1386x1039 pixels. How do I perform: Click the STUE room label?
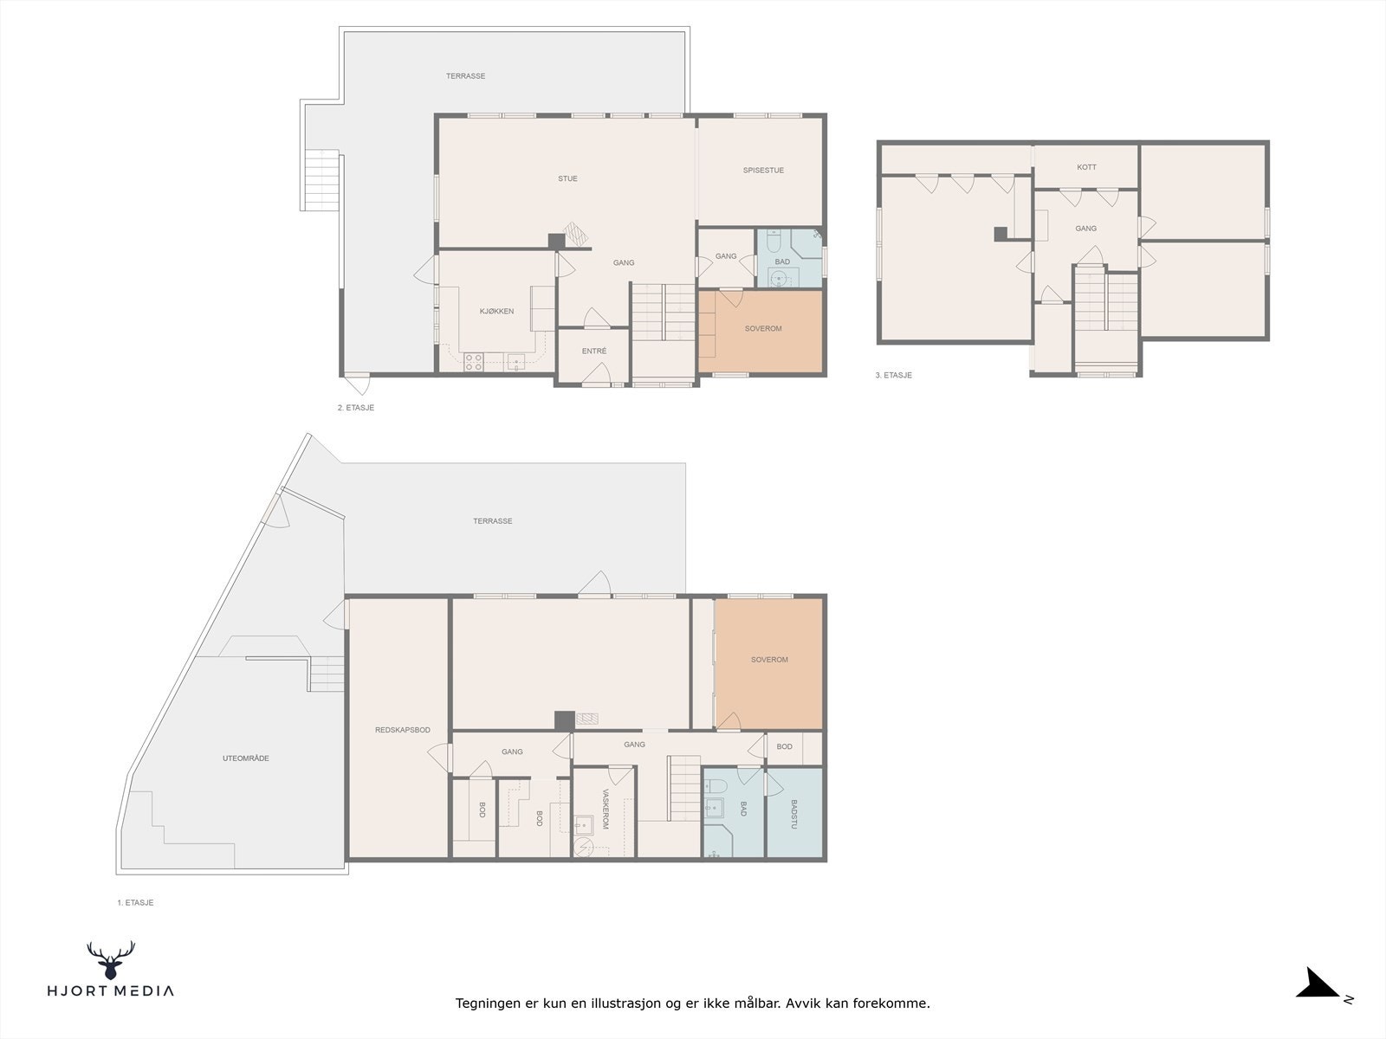[x=567, y=179]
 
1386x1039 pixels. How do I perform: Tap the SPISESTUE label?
[x=763, y=171]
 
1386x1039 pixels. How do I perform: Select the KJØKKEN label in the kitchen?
[x=497, y=311]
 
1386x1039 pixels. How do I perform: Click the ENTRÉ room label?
[x=594, y=351]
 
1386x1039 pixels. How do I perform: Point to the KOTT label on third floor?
[x=1086, y=167]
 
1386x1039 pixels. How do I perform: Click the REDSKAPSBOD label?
[x=403, y=730]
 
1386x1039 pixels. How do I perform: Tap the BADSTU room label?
[x=793, y=814]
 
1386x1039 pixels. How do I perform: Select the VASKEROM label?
[x=606, y=810]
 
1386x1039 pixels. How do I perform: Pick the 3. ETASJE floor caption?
[x=893, y=376]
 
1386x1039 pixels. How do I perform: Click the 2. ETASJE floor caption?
[x=355, y=408]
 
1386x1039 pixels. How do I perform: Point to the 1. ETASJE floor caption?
[x=135, y=902]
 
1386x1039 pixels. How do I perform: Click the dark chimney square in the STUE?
[x=556, y=242]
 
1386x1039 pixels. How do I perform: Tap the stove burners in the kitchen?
[x=474, y=362]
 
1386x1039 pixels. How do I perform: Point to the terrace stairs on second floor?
[x=321, y=180]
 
